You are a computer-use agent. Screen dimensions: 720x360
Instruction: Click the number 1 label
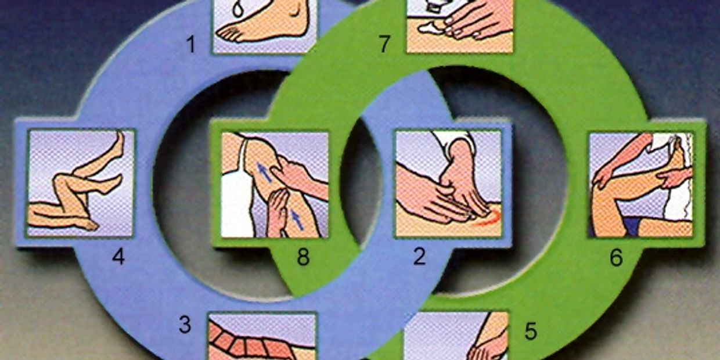191,44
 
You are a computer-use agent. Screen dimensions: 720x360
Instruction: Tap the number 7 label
384,44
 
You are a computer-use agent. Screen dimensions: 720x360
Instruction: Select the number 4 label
118,257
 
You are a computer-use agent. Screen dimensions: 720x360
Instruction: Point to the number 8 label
303,257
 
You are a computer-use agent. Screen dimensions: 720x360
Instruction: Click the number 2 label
419,257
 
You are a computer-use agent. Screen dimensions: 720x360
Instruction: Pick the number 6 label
616,257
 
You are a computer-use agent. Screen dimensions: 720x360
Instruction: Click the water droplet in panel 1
238,9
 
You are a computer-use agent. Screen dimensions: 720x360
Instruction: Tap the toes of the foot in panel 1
228,34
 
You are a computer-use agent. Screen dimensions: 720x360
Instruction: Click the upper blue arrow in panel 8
264,172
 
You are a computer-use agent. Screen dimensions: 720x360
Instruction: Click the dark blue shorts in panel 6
631,226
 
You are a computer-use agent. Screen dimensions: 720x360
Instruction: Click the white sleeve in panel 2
455,142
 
